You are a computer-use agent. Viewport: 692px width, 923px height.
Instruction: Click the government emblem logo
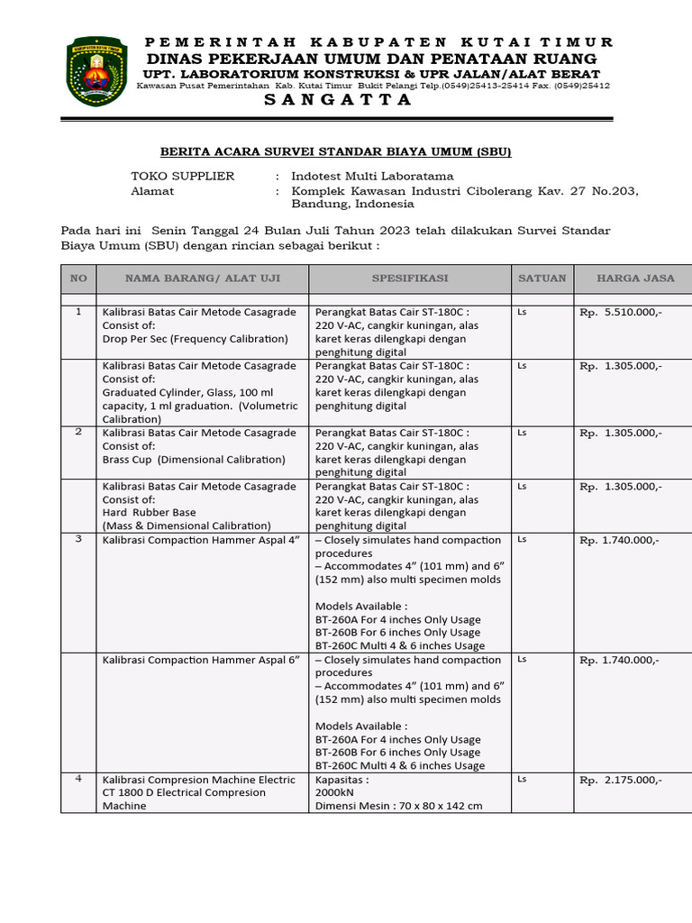[x=96, y=72]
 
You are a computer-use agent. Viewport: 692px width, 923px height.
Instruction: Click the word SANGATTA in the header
[x=338, y=100]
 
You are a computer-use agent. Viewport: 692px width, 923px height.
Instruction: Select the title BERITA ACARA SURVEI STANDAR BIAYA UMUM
[x=334, y=151]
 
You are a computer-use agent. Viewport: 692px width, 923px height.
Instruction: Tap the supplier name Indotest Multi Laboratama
[x=372, y=176]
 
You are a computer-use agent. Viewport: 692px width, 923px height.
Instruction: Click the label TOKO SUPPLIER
[x=183, y=176]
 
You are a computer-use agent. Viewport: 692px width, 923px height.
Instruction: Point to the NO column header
[x=78, y=279]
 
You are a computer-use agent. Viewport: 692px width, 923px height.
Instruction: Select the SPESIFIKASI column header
[x=410, y=279]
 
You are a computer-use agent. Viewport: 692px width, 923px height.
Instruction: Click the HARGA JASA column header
[x=635, y=279]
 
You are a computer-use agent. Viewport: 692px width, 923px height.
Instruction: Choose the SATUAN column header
[x=542, y=279]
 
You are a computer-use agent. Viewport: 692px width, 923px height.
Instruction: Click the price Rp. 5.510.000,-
[x=621, y=314]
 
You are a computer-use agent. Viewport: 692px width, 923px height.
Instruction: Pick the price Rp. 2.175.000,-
[x=621, y=780]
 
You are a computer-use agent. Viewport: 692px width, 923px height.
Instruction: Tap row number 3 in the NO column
[x=78, y=539]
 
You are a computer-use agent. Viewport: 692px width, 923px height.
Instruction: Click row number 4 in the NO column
[x=78, y=779]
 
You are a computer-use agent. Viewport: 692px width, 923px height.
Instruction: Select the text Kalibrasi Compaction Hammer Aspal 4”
[x=201, y=540]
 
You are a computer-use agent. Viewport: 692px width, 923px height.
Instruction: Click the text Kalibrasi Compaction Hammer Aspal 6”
[x=201, y=660]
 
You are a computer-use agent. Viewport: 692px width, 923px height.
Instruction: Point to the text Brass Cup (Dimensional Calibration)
[x=194, y=459]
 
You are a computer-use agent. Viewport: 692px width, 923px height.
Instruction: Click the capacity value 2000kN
[x=334, y=792]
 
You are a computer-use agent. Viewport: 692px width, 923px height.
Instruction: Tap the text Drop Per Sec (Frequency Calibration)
[x=195, y=339]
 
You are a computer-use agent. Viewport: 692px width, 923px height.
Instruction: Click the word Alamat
[x=152, y=191]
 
